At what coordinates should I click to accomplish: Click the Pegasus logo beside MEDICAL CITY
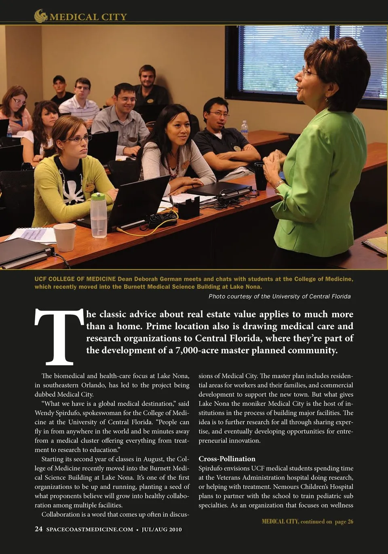point(41,16)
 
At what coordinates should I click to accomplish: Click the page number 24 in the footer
point(38,529)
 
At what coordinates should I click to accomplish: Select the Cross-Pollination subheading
point(227,459)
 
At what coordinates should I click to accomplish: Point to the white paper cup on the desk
point(64,237)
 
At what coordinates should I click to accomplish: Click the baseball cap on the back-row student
point(59,79)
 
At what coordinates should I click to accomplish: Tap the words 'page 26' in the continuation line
point(344,521)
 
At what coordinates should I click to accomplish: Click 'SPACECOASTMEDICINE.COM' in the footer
point(90,529)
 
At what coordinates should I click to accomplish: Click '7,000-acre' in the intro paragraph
point(199,350)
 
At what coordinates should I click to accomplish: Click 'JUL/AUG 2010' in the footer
point(162,529)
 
